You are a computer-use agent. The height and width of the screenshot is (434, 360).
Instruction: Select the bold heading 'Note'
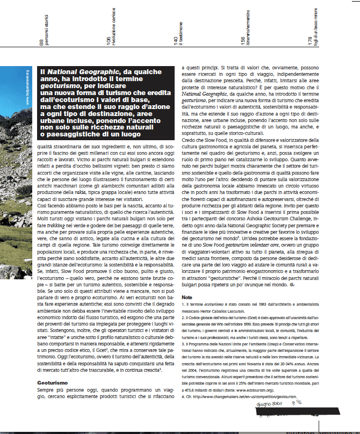click(x=186, y=296)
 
